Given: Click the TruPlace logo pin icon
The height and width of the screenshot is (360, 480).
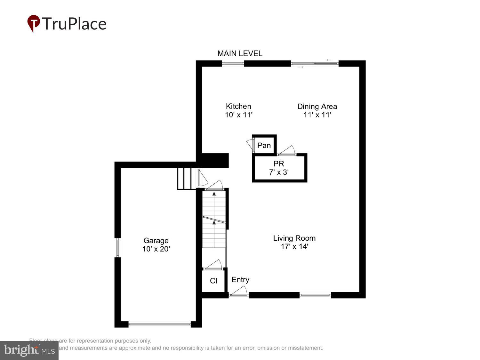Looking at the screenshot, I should coord(33,23).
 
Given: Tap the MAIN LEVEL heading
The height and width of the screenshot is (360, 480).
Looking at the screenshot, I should coord(240,53).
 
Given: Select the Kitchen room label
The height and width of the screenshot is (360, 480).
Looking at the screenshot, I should coord(238,106).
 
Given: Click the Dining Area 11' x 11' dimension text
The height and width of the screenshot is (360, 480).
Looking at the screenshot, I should coord(317,115).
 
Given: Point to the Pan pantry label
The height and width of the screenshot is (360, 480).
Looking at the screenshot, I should coord(264,145).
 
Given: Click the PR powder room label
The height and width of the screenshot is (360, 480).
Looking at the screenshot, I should coord(279,164).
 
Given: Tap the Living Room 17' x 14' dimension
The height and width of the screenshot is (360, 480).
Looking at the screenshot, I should coord(294,246).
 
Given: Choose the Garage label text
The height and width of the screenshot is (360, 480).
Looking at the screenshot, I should coord(156,240).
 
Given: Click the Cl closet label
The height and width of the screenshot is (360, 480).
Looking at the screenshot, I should coord(213,281).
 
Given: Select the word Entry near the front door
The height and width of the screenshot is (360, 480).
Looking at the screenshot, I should coord(240,279).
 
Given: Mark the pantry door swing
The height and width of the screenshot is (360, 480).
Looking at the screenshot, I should coord(250,145).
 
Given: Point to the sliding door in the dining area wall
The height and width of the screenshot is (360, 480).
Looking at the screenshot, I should coord(315,64).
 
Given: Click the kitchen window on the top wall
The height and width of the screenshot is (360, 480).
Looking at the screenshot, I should coord(233,64).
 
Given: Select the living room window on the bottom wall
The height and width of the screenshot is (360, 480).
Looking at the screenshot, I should coord(315,295).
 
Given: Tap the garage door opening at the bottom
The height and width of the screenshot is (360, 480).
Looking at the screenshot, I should coord(159,324).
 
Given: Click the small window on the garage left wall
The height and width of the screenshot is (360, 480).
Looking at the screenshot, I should coord(117,248).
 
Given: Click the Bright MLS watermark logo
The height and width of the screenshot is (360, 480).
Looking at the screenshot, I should coord(29,350).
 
